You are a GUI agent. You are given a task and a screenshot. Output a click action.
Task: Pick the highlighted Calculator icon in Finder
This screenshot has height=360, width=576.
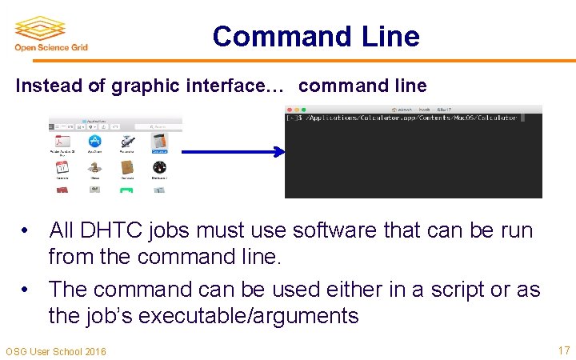pyautogui.click(x=159, y=143)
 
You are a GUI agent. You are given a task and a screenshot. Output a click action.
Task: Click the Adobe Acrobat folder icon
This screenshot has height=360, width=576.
pyautogui.click(x=62, y=143)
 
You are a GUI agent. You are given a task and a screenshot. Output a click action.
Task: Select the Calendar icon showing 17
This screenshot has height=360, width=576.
pyautogui.click(x=62, y=168)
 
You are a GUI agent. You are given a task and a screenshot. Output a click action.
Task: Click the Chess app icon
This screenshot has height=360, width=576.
pyautogui.click(x=94, y=168)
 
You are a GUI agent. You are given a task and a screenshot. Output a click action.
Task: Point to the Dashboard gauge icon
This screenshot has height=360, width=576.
pyautogui.click(x=159, y=168)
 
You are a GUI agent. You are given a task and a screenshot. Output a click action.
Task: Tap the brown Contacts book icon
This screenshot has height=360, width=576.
pyautogui.click(x=126, y=168)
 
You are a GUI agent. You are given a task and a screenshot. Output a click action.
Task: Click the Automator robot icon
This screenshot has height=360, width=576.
pyautogui.click(x=126, y=143)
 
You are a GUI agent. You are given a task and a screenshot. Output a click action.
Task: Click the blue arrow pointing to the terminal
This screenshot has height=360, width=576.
pyautogui.click(x=231, y=151)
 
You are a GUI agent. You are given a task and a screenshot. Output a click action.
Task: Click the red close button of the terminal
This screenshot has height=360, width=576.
pyautogui.click(x=290, y=109)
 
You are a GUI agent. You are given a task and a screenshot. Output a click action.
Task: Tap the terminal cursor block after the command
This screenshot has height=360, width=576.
pyautogui.click(x=522, y=118)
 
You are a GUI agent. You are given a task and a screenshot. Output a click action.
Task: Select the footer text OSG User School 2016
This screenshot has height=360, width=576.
pyautogui.click(x=55, y=351)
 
